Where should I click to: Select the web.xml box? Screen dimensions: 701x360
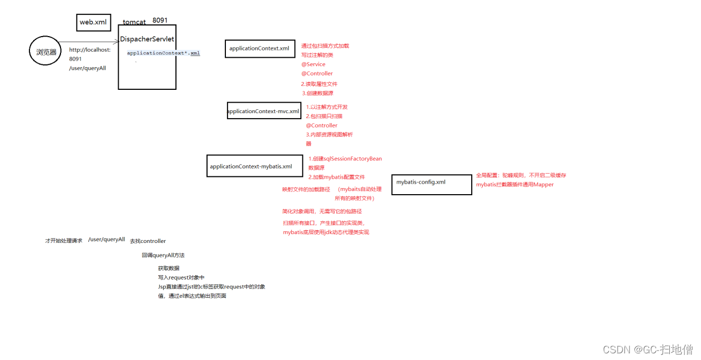point(93,22)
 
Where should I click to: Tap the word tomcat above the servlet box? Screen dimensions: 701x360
point(134,22)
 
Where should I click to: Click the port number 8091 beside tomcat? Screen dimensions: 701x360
point(160,20)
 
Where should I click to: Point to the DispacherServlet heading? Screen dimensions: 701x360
point(147,39)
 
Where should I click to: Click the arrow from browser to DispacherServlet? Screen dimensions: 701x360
point(89,42)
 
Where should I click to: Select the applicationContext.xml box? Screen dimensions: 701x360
point(259,48)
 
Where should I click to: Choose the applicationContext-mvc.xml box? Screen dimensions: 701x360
point(264,111)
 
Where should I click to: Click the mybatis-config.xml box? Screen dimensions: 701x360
point(431,182)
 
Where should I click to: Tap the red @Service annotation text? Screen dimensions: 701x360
point(313,64)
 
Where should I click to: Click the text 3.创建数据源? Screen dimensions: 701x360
point(317,93)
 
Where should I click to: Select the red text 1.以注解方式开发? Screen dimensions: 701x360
point(327,107)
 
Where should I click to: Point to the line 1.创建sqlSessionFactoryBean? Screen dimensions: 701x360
point(345,159)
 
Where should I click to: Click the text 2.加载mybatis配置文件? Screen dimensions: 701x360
point(336,177)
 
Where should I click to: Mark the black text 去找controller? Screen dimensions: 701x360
point(148,241)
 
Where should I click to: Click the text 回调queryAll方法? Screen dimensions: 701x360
point(163,256)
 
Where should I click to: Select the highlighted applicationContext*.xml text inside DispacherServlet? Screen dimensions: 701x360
point(163,53)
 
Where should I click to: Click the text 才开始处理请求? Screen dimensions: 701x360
point(63,241)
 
